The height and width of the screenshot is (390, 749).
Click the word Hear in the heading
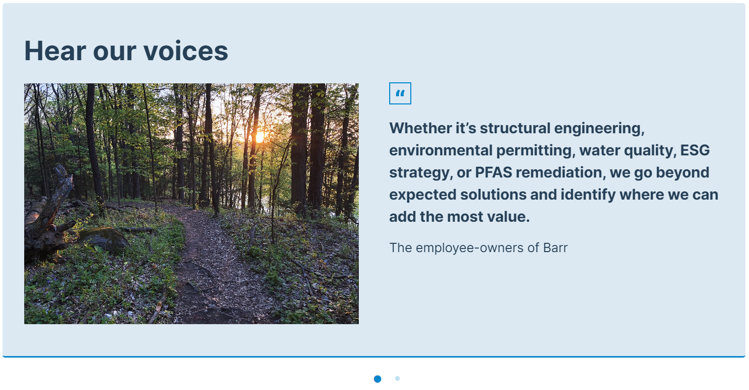[x=55, y=51]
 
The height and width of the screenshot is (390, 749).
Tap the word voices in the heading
[x=186, y=51]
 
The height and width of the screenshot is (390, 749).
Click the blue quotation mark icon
[x=400, y=93]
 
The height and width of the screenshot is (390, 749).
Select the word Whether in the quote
[x=420, y=128]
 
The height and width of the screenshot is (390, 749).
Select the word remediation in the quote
[x=561, y=172]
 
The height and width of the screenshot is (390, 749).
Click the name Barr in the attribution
[x=555, y=247]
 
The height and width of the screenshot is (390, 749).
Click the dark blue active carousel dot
[x=377, y=379]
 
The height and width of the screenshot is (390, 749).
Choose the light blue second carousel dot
[x=397, y=378]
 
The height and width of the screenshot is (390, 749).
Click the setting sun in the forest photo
[x=259, y=137]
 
